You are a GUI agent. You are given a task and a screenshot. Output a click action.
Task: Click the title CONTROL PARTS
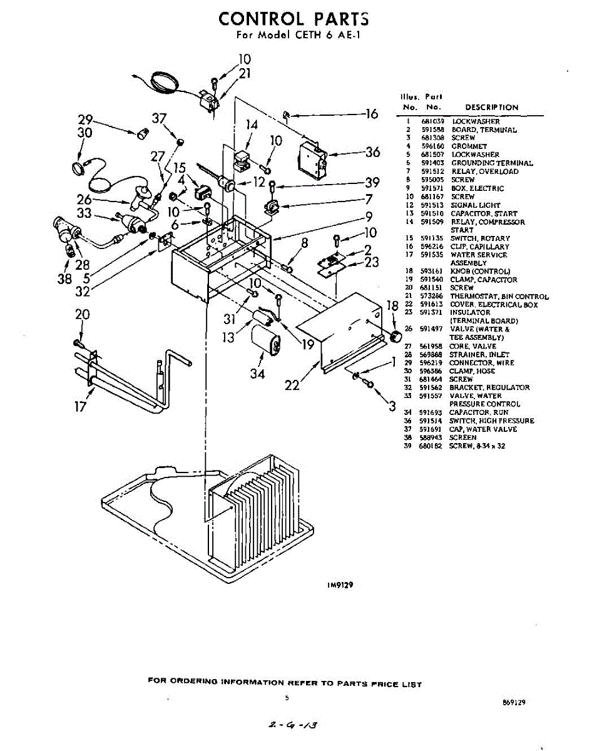coord(293,19)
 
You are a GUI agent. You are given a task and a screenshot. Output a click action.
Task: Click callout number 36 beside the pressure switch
coord(373,152)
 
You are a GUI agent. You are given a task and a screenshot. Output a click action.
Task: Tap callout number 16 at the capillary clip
coord(372,114)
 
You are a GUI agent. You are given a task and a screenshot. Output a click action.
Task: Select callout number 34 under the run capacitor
coord(257,374)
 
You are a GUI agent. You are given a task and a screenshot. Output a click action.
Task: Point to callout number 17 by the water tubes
coord(80,406)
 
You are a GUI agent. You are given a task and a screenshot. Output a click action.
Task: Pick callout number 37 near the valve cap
coord(160,119)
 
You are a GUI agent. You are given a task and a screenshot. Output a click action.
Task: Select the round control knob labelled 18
coord(395,337)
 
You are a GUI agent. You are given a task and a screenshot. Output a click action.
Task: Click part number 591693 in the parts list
coord(431,412)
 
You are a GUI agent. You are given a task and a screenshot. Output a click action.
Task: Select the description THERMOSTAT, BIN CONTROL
coord(499,296)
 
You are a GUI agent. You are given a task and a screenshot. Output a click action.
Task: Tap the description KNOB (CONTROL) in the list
coord(480,272)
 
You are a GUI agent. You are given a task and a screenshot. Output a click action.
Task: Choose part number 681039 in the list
coord(431,121)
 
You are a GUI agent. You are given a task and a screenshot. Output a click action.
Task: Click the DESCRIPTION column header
coord(491,107)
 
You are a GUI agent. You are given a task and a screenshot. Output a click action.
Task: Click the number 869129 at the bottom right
coord(513,702)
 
